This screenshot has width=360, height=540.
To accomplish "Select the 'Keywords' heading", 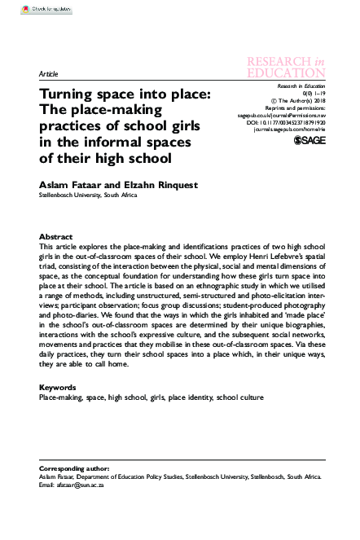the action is click(x=59, y=389).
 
